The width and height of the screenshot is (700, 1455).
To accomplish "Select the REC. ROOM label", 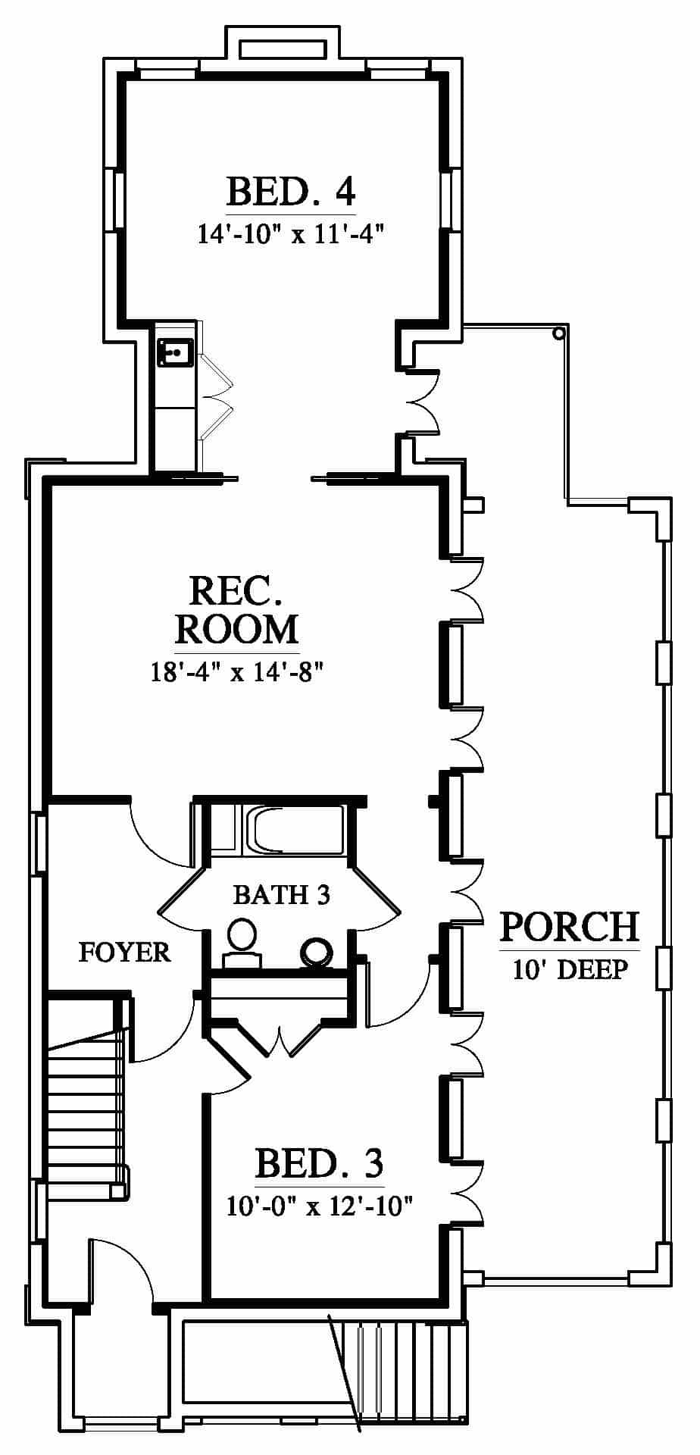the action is coord(237,610).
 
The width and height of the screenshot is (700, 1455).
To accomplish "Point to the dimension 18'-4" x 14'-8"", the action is coord(237,671).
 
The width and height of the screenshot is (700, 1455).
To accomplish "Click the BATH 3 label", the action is coord(281,895).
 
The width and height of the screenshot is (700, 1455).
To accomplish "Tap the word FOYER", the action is coord(125,952).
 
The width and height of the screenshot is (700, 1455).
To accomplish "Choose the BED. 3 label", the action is coord(319,1162).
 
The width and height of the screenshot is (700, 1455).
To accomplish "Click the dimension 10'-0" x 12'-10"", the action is coord(319,1205).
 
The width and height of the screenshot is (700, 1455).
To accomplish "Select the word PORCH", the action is coord(570,926).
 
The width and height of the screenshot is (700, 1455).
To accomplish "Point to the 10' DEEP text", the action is coord(570,970).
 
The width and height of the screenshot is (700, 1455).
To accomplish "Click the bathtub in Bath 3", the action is coord(295,830).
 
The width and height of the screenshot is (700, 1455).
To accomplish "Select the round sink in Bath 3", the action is coord(316,951).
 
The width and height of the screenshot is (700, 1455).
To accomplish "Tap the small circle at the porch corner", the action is coord(559,333).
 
